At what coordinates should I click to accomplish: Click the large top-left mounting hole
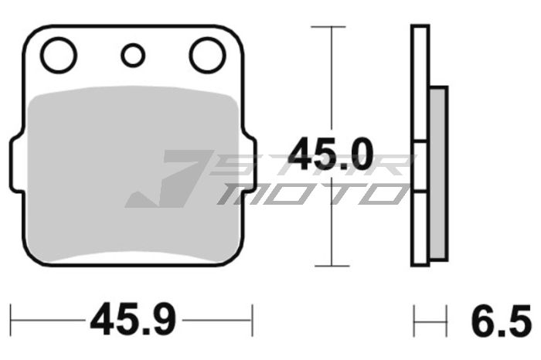59,56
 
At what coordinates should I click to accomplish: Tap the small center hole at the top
133,55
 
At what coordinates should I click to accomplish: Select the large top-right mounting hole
206,56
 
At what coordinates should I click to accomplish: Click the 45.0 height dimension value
331,155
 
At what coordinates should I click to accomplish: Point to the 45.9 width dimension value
133,318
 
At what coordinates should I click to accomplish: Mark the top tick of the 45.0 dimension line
331,27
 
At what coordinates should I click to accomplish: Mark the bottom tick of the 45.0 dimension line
331,266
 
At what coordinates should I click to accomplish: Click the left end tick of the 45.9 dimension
12,318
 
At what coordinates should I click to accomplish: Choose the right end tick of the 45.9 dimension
253,318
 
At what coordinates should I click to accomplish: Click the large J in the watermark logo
166,179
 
